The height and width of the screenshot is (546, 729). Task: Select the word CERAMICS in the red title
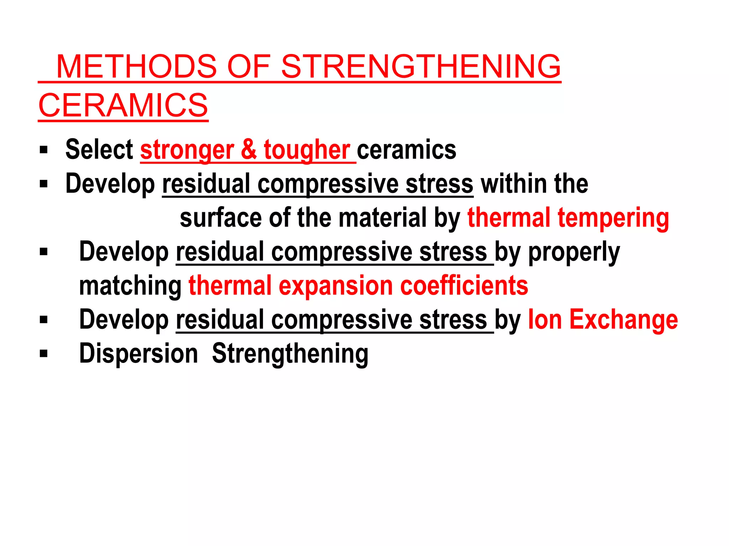pyautogui.click(x=123, y=105)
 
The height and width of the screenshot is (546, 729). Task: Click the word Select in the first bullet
pyautogui.click(x=99, y=150)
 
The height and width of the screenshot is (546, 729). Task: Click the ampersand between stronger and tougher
pyautogui.click(x=249, y=150)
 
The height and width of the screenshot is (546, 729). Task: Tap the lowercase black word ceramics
pyautogui.click(x=407, y=150)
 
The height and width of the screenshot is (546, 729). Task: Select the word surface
pyautogui.click(x=221, y=218)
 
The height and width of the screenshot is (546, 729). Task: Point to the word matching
pyautogui.click(x=130, y=286)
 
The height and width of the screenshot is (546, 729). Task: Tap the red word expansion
pyautogui.click(x=336, y=286)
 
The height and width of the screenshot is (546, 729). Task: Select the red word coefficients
pyautogui.click(x=464, y=285)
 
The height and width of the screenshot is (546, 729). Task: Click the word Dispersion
pyautogui.click(x=138, y=354)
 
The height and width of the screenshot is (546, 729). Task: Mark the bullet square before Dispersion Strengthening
pyautogui.click(x=44, y=354)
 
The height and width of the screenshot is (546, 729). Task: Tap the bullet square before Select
pyautogui.click(x=44, y=150)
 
